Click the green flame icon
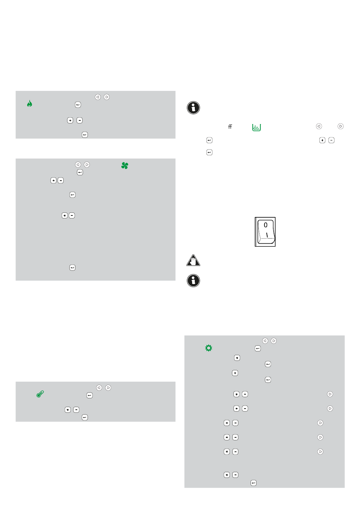point(30,103)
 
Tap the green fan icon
point(125,165)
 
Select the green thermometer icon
point(40,394)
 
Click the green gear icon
point(209,348)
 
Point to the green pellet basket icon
point(257,127)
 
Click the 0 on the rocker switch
point(266,225)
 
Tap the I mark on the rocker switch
point(267,235)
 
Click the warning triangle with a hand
point(193,260)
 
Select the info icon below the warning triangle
point(193,281)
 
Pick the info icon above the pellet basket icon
point(193,108)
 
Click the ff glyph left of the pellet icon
point(230,127)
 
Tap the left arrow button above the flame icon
point(98,97)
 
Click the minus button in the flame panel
point(79,120)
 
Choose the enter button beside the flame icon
point(78,105)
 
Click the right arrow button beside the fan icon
point(87,165)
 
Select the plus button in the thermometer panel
point(67,410)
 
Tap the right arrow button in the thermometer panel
point(108,388)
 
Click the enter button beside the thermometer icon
point(89,395)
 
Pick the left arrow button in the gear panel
point(265,341)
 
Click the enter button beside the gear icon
point(258,348)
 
